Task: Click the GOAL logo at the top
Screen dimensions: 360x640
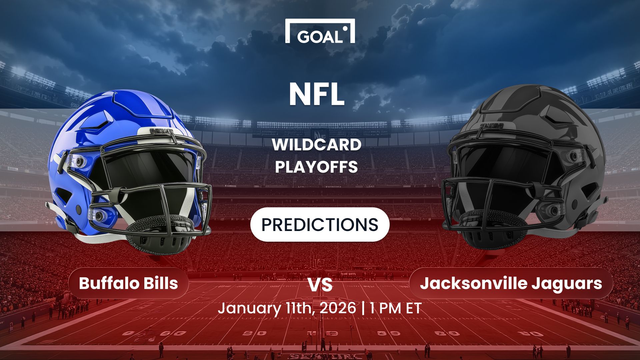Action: tap(320, 32)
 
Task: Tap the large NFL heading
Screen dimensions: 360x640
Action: tap(317, 94)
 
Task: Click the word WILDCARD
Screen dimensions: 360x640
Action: tap(317, 145)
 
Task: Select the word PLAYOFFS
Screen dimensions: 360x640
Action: tap(317, 167)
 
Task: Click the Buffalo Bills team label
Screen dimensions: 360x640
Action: tap(128, 283)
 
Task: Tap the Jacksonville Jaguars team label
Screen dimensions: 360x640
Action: tap(511, 283)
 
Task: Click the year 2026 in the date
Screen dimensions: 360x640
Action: tap(338, 308)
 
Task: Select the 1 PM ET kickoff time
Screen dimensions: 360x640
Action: tap(396, 308)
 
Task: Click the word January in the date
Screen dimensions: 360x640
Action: tap(249, 308)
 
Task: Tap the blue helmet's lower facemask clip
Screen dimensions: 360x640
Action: tap(99, 216)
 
